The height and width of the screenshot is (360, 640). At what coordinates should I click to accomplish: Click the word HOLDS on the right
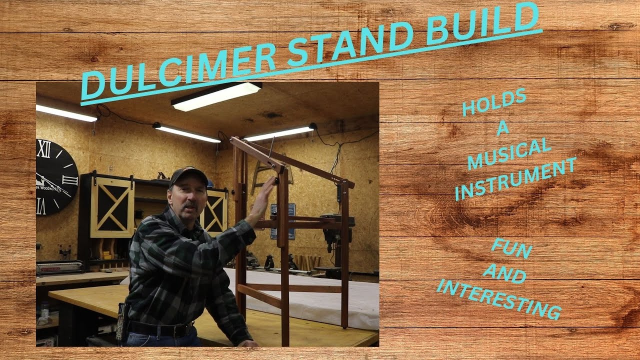(x=494, y=102)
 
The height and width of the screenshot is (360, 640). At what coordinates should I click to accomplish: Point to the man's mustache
(x=189, y=205)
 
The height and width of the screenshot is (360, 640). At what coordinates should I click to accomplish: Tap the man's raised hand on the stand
(x=264, y=195)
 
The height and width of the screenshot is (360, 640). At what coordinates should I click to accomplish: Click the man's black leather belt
(x=160, y=329)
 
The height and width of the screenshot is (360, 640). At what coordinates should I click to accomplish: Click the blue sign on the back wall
(x=282, y=220)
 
